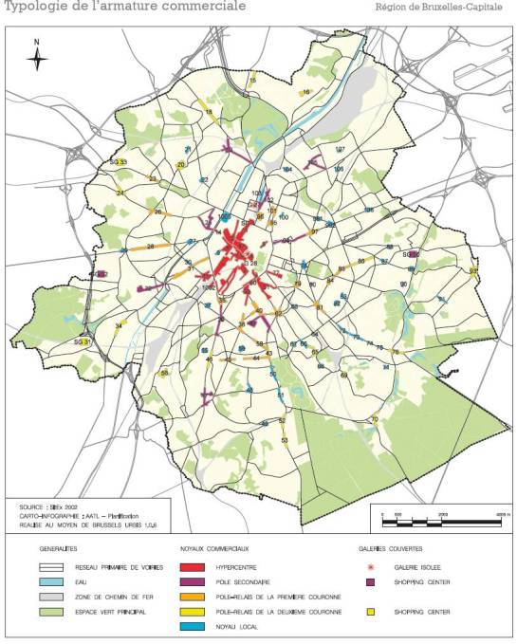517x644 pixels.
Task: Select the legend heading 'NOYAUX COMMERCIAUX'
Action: pos(214,549)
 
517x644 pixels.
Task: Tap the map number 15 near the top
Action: pos(251,81)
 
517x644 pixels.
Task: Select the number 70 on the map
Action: pos(375,418)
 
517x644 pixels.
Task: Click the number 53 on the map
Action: pos(285,441)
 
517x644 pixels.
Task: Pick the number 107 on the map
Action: pos(340,150)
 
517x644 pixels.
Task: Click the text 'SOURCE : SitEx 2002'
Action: pos(48,506)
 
